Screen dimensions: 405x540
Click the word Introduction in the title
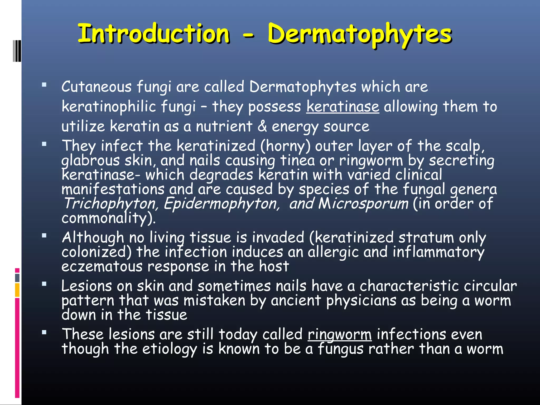154,33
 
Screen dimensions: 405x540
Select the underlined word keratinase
343,107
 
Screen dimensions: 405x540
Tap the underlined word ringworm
340,335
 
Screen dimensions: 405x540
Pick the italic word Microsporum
363,204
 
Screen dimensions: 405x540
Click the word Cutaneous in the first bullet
97,87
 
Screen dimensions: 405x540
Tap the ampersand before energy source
262,126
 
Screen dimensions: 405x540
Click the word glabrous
90,161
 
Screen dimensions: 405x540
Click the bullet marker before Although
44,235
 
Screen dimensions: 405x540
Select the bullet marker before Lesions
44,284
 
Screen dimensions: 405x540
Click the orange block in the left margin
17,290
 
